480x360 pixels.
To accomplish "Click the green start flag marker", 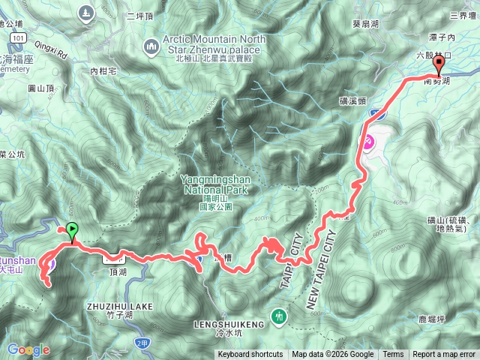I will [72, 232].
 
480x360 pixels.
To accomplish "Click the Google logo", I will [28, 349].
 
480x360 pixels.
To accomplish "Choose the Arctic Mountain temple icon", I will [150, 46].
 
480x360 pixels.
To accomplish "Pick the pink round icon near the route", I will [368, 141].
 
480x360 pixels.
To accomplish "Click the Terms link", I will [393, 355].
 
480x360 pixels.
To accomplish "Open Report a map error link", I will [445, 355].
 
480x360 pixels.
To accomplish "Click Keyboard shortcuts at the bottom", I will [250, 355].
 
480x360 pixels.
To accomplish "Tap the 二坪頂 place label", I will [140, 16].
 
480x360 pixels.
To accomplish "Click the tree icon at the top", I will [87, 12].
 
